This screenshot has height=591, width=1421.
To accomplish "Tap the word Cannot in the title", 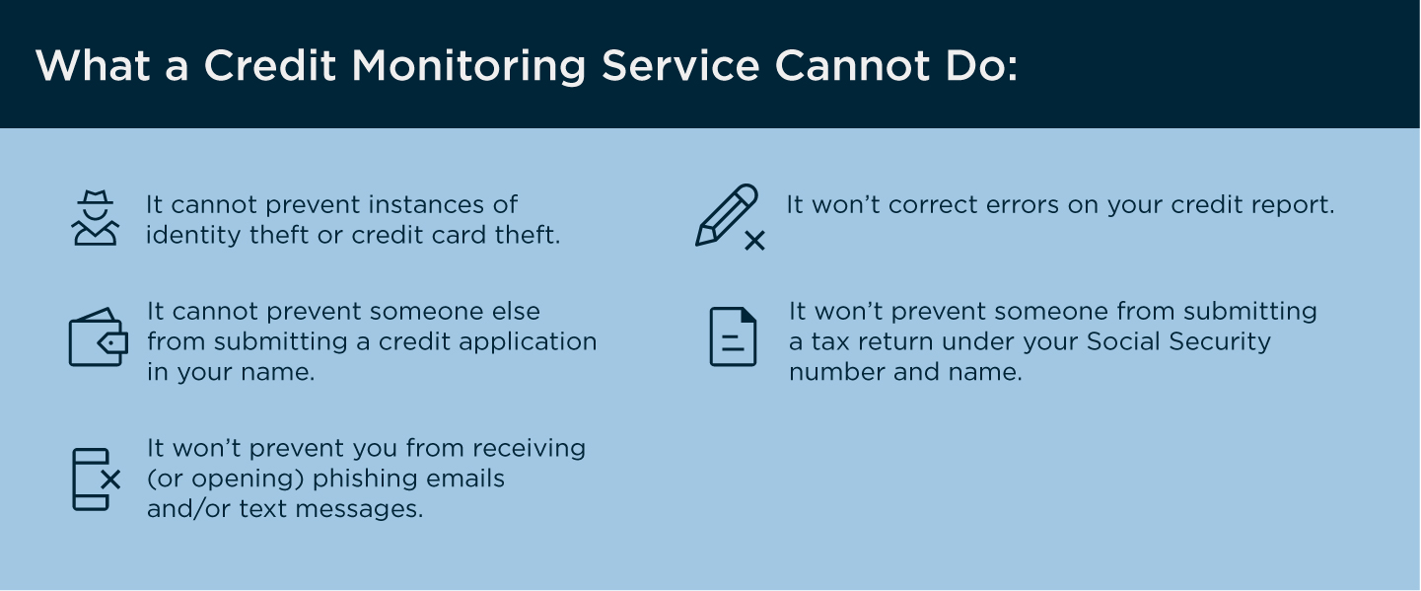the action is pyautogui.click(x=853, y=65).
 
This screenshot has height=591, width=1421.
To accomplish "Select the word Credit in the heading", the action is pyautogui.click(x=269, y=65).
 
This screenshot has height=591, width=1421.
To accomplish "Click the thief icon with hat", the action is pyautogui.click(x=95, y=218).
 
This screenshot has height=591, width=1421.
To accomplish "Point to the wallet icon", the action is pyautogui.click(x=99, y=337).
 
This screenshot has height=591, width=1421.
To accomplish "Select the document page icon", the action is pyautogui.click(x=733, y=336).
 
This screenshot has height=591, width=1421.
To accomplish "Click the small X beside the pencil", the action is pyautogui.click(x=754, y=241).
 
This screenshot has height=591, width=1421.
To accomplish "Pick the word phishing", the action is pyautogui.click(x=365, y=480).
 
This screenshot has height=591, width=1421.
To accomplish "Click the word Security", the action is pyautogui.click(x=1220, y=342).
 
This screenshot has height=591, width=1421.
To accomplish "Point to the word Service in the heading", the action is pyautogui.click(x=680, y=65).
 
